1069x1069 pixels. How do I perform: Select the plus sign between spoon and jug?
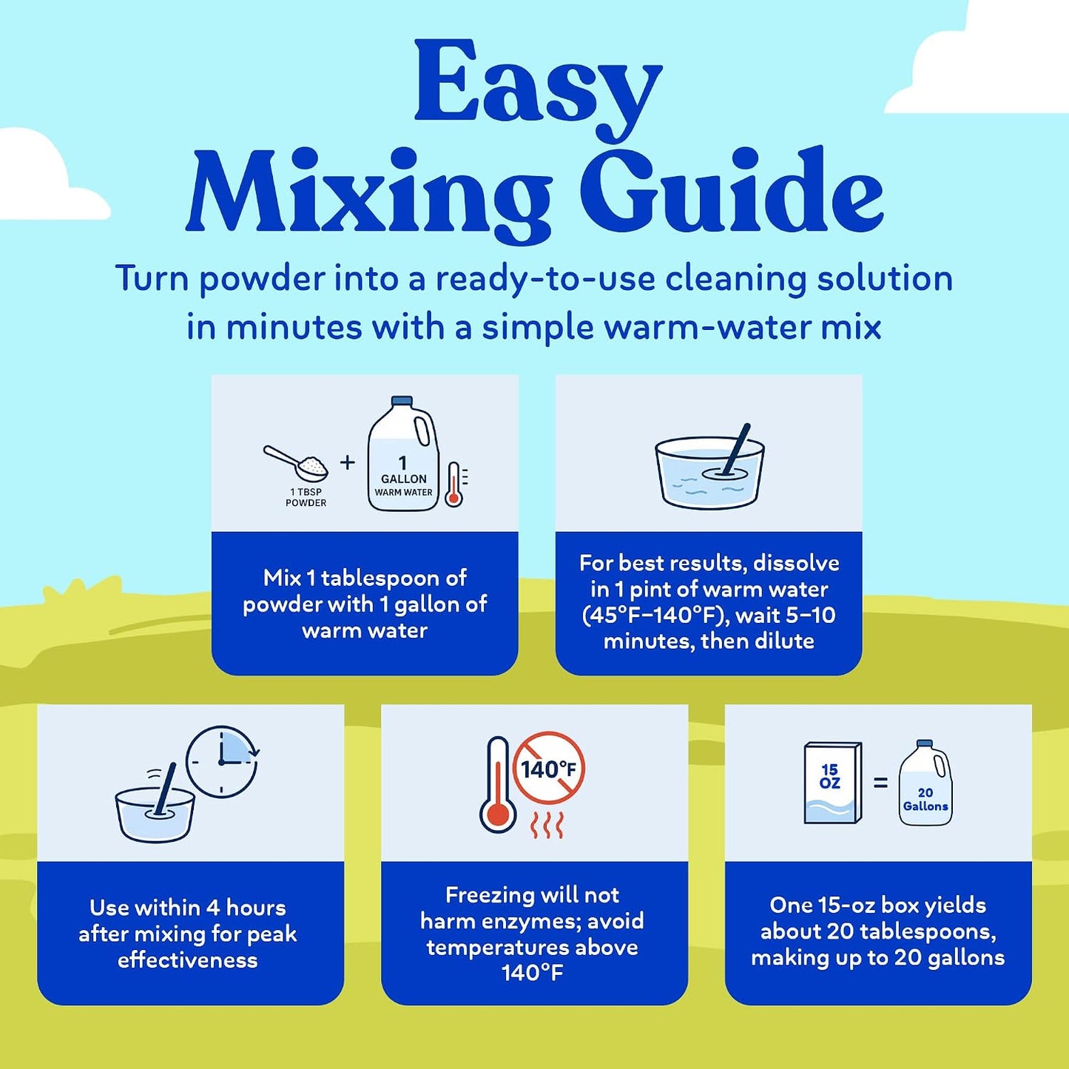347,462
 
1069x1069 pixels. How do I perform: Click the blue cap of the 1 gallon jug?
402,401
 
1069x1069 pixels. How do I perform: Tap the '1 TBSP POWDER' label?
306,497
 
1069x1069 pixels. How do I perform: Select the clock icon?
222,762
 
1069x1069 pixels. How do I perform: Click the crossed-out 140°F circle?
548,769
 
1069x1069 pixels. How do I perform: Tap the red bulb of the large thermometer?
498,815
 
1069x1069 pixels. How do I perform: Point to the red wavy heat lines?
547,825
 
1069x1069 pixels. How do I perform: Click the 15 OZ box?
833,783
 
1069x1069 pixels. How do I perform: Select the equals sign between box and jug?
880,783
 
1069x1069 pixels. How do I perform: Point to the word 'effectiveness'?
187,960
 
